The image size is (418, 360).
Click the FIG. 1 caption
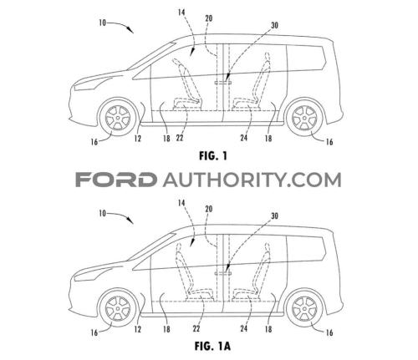click(213, 156)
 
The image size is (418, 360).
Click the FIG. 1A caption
click(212, 347)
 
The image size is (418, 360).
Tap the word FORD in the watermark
click(115, 180)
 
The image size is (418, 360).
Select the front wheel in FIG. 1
click(118, 117)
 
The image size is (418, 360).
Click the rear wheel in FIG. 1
click(305, 117)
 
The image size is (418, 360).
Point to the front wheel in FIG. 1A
click(118, 308)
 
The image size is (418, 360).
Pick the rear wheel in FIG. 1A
click(305, 308)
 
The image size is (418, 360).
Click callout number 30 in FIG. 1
click(274, 25)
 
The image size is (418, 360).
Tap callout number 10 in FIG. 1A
click(103, 214)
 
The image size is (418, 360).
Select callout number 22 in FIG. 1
click(180, 138)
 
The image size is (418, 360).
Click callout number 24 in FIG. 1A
click(244, 328)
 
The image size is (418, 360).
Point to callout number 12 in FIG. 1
click(138, 139)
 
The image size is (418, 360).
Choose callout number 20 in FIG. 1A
click(208, 209)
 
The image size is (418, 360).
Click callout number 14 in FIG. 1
click(181, 13)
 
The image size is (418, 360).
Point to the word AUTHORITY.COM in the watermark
click(252, 180)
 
